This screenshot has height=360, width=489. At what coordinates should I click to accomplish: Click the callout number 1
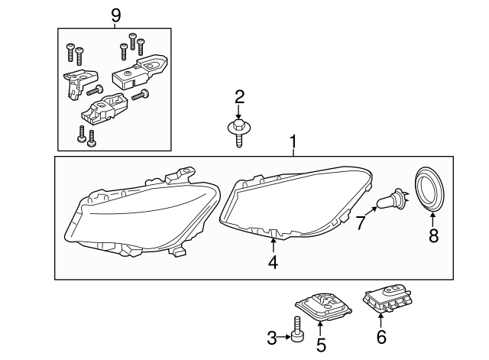293,143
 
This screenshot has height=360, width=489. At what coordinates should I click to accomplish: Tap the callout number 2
239,96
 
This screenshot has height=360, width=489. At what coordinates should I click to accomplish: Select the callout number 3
271,336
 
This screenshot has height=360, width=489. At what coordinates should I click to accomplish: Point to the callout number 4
273,264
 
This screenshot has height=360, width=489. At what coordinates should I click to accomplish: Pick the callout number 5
321,345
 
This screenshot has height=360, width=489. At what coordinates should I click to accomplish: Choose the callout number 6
381,337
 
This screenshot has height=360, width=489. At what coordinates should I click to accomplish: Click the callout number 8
433,236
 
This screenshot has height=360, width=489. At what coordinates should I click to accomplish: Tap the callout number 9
115,14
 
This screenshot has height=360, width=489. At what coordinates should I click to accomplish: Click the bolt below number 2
238,131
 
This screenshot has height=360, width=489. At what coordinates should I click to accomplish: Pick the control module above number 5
320,306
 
